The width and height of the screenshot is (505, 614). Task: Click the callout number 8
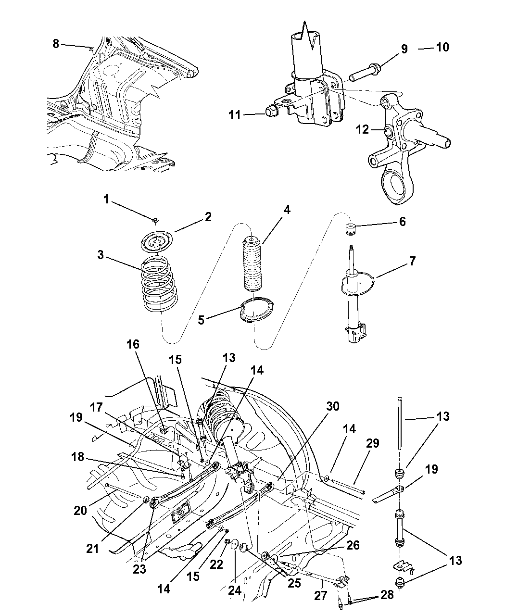click(56, 44)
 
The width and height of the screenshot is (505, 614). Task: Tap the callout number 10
click(442, 47)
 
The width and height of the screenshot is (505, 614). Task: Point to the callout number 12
click(363, 129)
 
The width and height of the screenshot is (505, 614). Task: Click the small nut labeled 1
click(154, 220)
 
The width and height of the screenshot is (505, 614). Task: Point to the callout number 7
click(412, 261)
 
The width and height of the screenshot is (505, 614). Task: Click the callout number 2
click(207, 217)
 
